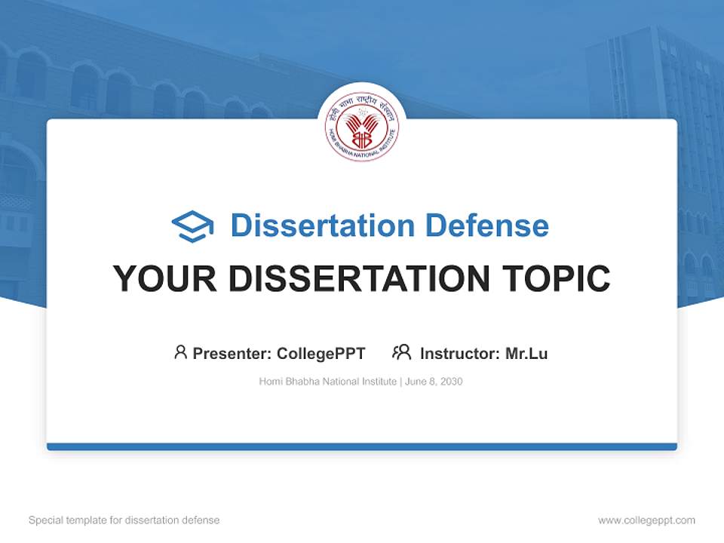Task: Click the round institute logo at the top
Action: [362, 128]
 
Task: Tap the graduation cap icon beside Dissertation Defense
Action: [192, 226]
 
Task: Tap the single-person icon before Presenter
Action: [180, 352]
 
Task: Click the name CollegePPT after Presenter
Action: [321, 354]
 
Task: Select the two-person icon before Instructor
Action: [401, 352]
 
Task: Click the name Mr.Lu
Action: [526, 354]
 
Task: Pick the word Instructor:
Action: [460, 354]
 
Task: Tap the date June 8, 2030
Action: [434, 382]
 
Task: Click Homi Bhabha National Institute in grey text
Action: [327, 382]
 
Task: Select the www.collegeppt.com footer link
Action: [646, 520]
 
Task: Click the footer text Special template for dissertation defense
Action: [124, 520]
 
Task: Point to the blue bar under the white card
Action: [362, 446]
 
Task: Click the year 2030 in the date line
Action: [450, 382]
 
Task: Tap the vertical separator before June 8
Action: [400, 382]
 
